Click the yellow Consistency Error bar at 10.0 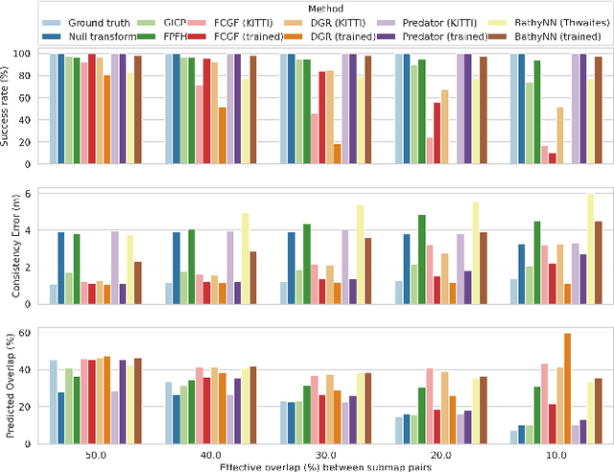[590, 249]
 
